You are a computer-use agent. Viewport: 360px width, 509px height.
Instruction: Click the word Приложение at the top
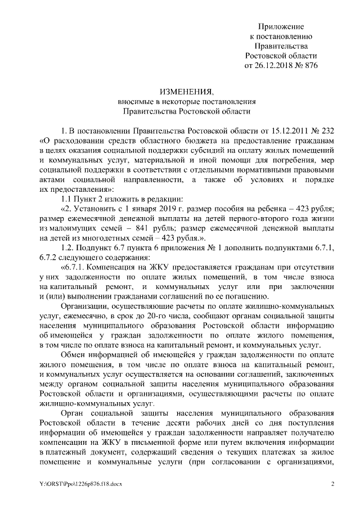[281, 27]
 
